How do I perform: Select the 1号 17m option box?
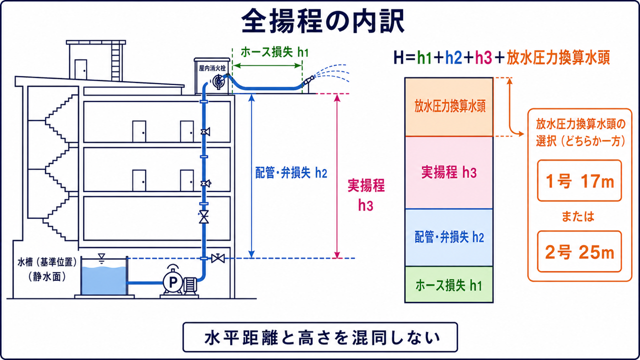[579, 180]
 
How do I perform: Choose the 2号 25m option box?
[579, 251]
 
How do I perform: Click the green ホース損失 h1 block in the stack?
[449, 284]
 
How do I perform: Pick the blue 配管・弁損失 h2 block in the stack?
[449, 237]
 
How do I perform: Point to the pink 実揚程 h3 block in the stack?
[449, 172]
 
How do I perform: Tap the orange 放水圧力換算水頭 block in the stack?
[449, 107]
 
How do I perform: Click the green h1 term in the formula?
[424, 57]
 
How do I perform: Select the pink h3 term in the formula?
[483, 57]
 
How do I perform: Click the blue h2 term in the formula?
[453, 57]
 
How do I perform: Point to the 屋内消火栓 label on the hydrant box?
[212, 68]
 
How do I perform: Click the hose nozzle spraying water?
[308, 81]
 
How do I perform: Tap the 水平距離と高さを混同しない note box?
[320, 337]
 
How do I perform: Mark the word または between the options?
[578, 216]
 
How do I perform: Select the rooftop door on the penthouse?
[81, 69]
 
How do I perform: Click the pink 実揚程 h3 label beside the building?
[366, 195]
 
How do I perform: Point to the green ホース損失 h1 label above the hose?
[274, 52]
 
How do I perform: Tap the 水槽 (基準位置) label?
[47, 262]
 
